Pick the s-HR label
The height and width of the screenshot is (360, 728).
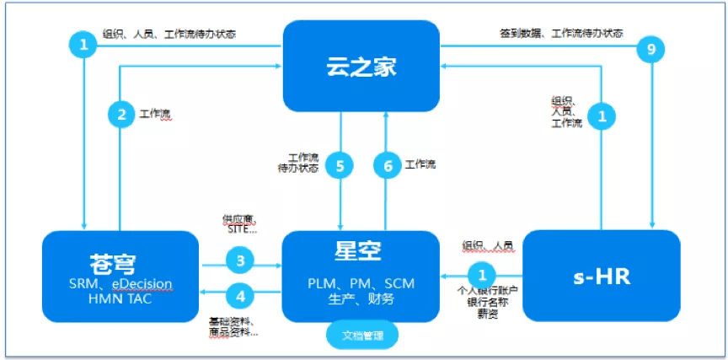click(601, 275)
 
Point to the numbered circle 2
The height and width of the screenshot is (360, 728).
click(121, 116)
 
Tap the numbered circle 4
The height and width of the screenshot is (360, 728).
click(240, 296)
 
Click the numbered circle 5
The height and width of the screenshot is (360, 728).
click(340, 166)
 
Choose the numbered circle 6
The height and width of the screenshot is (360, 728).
click(388, 166)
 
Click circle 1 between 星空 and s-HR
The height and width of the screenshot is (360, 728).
click(482, 274)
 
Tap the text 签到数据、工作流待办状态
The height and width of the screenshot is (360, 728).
click(563, 33)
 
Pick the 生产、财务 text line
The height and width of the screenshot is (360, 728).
click(361, 299)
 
